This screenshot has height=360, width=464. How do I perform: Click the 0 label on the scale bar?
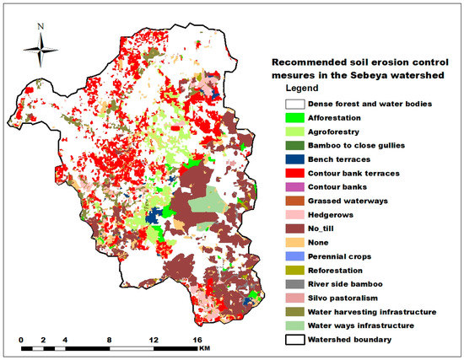pos(21,340)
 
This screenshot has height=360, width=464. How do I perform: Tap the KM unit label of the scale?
pos(204,347)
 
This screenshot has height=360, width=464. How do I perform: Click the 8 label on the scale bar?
pos(108,340)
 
